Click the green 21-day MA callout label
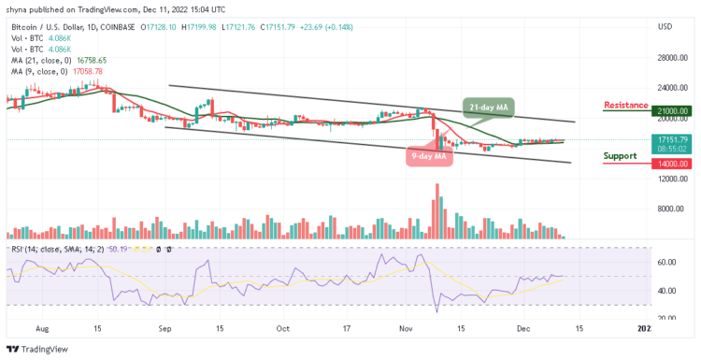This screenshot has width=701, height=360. tap(488, 108)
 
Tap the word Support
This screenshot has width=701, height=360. tap(620, 155)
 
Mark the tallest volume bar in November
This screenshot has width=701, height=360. tap(436, 212)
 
